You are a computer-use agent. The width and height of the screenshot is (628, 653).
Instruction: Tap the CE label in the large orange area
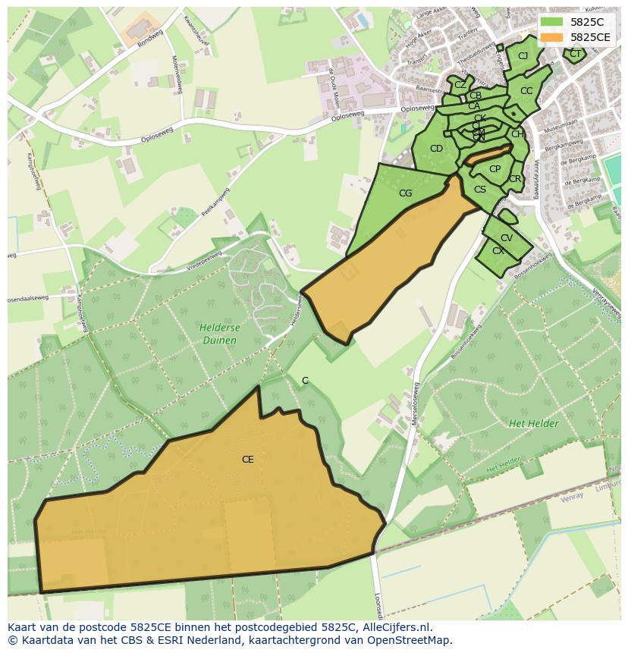pyautogui.click(x=247, y=460)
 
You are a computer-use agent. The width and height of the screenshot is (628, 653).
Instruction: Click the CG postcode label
pyautogui.click(x=405, y=193)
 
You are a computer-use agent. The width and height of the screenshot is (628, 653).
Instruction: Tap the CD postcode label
pyautogui.click(x=436, y=149)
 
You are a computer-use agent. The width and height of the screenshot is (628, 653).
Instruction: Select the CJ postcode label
pyautogui.click(x=523, y=56)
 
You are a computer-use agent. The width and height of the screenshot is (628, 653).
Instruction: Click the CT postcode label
pyautogui.click(x=575, y=54)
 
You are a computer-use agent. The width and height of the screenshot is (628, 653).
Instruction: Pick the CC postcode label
pyautogui.click(x=526, y=91)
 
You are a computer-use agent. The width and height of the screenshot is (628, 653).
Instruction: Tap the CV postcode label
pyautogui.click(x=507, y=238)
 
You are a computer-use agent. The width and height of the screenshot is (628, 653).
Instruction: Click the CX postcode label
pyautogui.click(x=498, y=251)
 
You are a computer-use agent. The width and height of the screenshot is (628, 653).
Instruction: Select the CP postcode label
pyautogui.click(x=495, y=169)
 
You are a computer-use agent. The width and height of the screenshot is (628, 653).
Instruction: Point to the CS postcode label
pyautogui.click(x=479, y=190)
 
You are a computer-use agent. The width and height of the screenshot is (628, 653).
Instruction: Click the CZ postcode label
pyautogui.click(x=460, y=85)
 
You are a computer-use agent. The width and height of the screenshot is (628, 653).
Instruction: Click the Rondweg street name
pyautogui.click(x=151, y=39)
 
